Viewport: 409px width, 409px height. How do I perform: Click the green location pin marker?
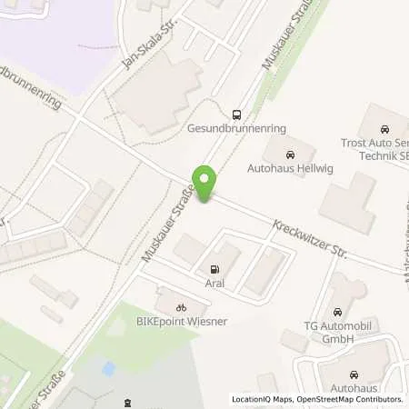(x=207, y=185)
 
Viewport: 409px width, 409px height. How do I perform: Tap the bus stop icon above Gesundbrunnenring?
(x=237, y=115)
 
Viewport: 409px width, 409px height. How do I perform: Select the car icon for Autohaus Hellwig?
(x=290, y=154)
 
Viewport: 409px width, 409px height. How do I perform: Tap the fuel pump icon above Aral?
(x=214, y=269)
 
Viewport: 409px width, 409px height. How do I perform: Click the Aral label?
(x=214, y=284)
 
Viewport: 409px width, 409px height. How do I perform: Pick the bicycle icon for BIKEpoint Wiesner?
(x=181, y=307)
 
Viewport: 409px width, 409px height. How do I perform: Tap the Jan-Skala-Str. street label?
(x=145, y=46)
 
